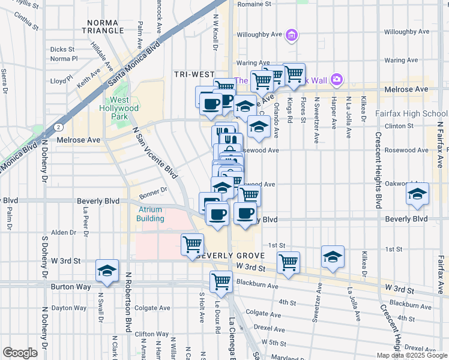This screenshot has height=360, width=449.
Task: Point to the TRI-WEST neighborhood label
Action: point(194,74)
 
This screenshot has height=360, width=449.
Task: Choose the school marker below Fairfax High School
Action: point(417,194)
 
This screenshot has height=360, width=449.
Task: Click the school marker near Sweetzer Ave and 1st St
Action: point(332,257)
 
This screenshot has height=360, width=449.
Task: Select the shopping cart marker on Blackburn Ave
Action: point(221,281)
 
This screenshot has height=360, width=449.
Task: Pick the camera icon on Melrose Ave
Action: point(336,79)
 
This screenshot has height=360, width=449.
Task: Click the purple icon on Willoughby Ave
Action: point(292,35)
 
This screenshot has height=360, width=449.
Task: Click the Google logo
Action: point(20,352)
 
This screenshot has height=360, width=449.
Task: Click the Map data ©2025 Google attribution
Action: point(412,355)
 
